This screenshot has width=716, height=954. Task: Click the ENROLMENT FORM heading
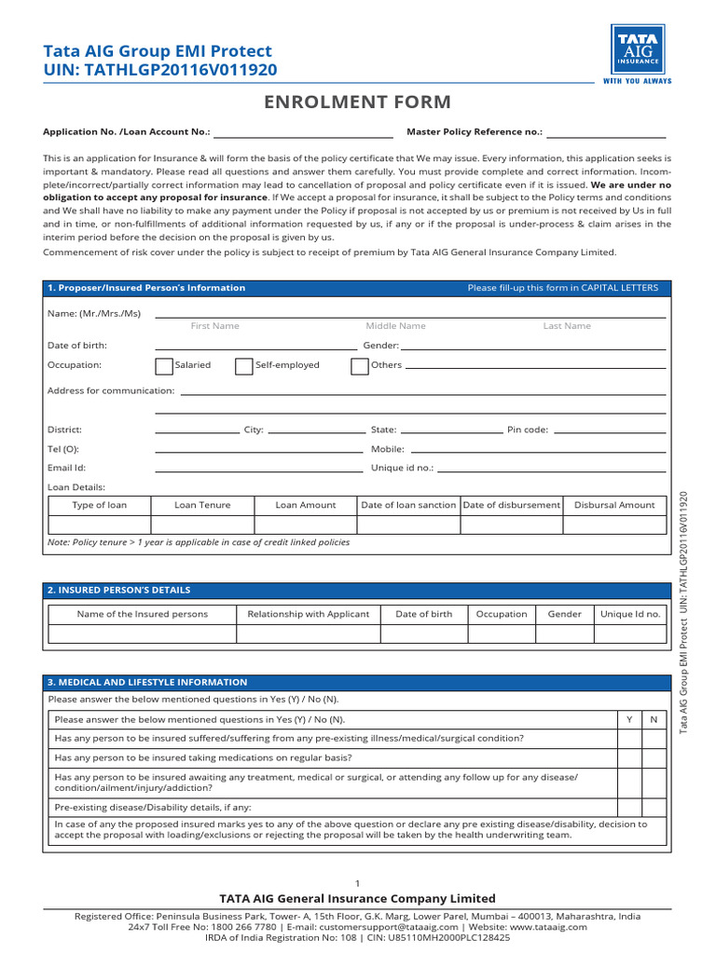coord(358,102)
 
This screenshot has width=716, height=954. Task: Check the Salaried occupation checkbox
coord(163,365)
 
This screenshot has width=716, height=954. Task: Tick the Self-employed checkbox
coord(243,365)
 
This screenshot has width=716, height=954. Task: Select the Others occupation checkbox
coord(359,365)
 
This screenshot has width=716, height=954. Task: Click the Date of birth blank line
coord(255,347)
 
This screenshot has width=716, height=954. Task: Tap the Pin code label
coord(528,429)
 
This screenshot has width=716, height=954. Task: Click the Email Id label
coord(66,468)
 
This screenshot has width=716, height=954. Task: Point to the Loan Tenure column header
coord(202,505)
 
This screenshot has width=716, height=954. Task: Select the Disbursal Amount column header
coord(614,505)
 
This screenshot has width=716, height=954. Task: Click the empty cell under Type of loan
coord(99,525)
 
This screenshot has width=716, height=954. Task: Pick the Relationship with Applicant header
coord(308,614)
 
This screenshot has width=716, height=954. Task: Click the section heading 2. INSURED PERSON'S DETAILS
coord(118,590)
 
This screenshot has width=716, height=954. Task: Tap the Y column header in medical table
coord(629,719)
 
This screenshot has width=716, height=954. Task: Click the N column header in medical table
coord(654,719)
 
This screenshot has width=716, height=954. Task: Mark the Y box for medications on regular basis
coord(629,757)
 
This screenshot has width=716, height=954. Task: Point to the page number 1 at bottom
coord(358,882)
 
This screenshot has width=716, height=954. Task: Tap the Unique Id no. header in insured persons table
coord(630,614)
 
